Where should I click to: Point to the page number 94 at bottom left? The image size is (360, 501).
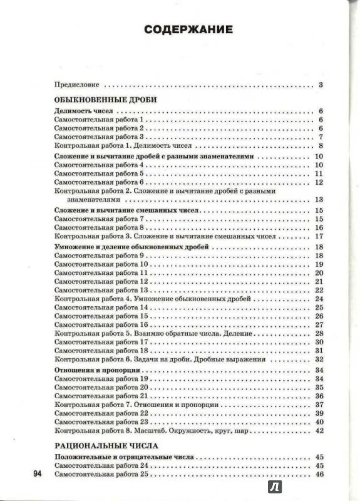(x=36, y=474)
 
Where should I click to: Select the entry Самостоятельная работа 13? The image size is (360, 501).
(x=101, y=290)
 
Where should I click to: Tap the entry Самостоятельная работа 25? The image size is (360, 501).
(x=101, y=475)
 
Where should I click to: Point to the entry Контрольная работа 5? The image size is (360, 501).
(x=157, y=333)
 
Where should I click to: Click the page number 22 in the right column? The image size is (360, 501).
(x=318, y=290)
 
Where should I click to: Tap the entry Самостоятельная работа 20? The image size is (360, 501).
(x=101, y=388)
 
